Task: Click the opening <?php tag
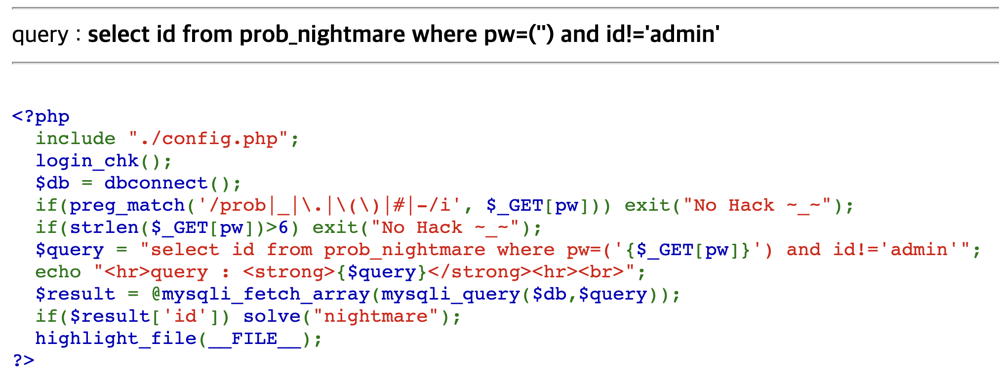(40, 116)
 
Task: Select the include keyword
(75, 139)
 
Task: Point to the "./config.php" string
(208, 139)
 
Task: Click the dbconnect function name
(156, 183)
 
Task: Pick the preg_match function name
(127, 205)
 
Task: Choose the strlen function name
(104, 228)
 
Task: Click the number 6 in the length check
(283, 228)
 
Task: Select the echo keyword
(58, 272)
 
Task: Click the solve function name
(272, 316)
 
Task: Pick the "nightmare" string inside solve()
(376, 316)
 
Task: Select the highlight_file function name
(116, 339)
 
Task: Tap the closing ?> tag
(23, 360)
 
